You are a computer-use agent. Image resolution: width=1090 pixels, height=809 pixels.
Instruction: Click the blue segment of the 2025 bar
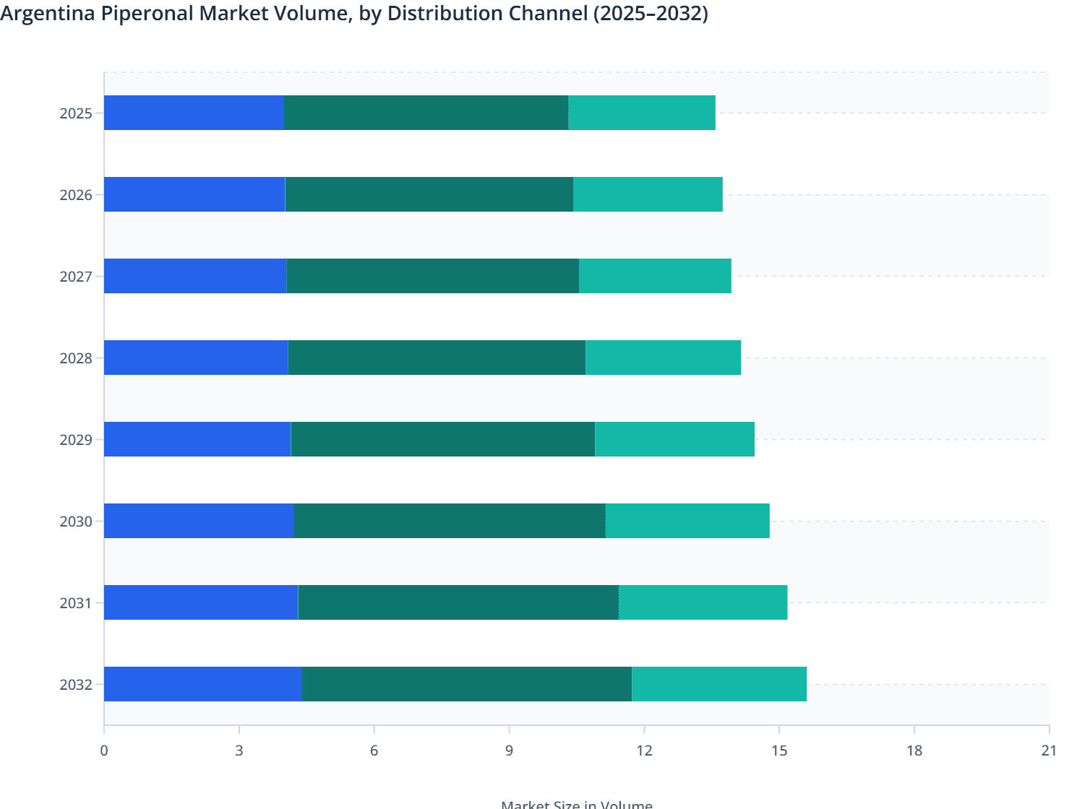pyautogui.click(x=194, y=113)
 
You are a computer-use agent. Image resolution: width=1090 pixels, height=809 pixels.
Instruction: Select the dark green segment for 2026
pyautogui.click(x=429, y=194)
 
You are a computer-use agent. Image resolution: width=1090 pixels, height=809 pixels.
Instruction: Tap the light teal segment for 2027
pyautogui.click(x=655, y=276)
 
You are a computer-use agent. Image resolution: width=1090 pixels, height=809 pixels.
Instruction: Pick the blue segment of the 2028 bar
pyautogui.click(x=196, y=358)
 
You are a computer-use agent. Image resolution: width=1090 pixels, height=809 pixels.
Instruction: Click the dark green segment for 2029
pyautogui.click(x=442, y=439)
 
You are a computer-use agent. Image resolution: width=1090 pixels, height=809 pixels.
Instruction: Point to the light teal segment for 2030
pyautogui.click(x=687, y=521)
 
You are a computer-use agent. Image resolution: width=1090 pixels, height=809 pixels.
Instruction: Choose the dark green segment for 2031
pyautogui.click(x=458, y=602)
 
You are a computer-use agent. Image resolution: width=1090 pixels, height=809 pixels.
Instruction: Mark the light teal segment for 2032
pyautogui.click(x=719, y=684)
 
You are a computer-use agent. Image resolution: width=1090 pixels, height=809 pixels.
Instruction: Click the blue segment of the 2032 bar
pyautogui.click(x=202, y=684)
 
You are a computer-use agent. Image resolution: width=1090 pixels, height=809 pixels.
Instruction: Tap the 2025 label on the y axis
pyautogui.click(x=76, y=113)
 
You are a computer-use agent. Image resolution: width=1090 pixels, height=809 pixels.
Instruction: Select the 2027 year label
pyautogui.click(x=76, y=277)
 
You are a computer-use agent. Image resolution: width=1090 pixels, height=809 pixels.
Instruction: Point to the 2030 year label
pyautogui.click(x=76, y=522)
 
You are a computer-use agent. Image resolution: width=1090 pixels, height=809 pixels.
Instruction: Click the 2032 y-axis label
pyautogui.click(x=76, y=685)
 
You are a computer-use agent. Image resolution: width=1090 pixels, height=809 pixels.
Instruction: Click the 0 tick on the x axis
pyautogui.click(x=104, y=750)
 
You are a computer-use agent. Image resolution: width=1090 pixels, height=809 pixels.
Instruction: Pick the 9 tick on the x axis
pyautogui.click(x=509, y=750)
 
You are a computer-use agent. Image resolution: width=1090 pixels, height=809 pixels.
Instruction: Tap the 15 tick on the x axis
pyautogui.click(x=778, y=750)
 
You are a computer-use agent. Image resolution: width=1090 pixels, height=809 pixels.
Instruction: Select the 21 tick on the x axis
pyautogui.click(x=1049, y=750)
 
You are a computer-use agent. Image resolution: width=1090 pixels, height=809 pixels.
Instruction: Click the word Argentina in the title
pyautogui.click(x=51, y=13)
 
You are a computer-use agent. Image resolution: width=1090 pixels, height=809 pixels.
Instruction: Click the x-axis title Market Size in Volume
pyautogui.click(x=576, y=803)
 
